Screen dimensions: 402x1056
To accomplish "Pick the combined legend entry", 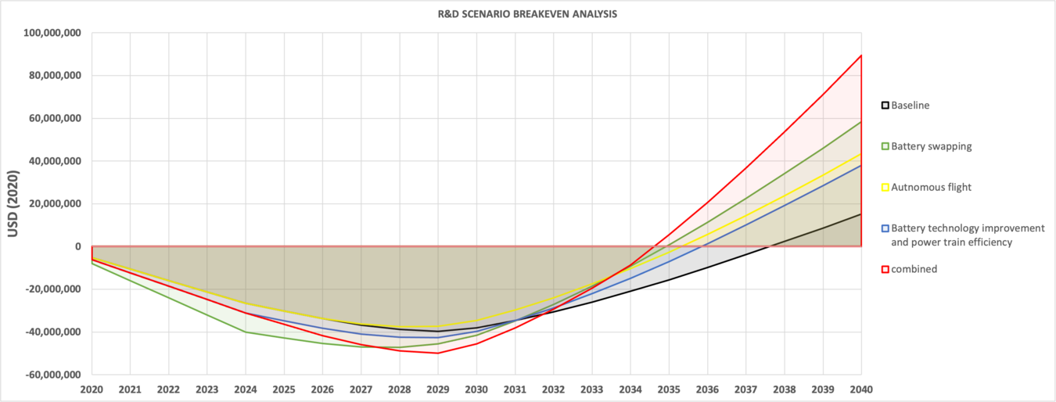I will point(914,269).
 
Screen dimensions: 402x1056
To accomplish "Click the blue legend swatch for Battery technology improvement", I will point(885,228).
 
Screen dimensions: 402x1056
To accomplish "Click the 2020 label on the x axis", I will point(92,389).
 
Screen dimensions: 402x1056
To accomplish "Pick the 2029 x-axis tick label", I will point(438,389).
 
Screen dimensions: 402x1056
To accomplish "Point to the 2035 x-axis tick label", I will point(669,389).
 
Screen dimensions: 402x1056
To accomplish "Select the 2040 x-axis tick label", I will point(860,389).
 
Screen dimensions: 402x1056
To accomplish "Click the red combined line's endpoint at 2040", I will point(861,56).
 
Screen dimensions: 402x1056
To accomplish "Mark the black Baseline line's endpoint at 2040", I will point(861,214).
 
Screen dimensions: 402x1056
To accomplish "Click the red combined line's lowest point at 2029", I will point(438,353).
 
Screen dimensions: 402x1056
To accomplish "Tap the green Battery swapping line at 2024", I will point(246,332).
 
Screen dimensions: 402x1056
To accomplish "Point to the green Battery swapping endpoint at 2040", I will point(861,122).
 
